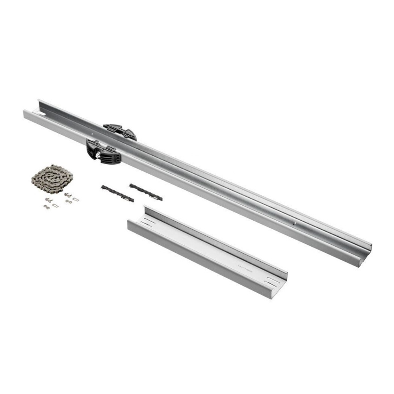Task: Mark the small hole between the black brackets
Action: click(x=92, y=134)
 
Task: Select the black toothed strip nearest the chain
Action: click(x=117, y=193)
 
